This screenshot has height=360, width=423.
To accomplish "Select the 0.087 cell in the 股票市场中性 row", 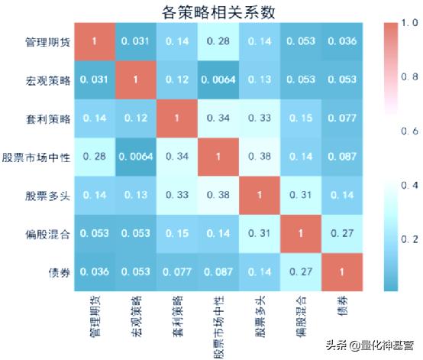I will click(341, 157).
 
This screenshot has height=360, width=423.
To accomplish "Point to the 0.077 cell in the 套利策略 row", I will click(341, 118).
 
